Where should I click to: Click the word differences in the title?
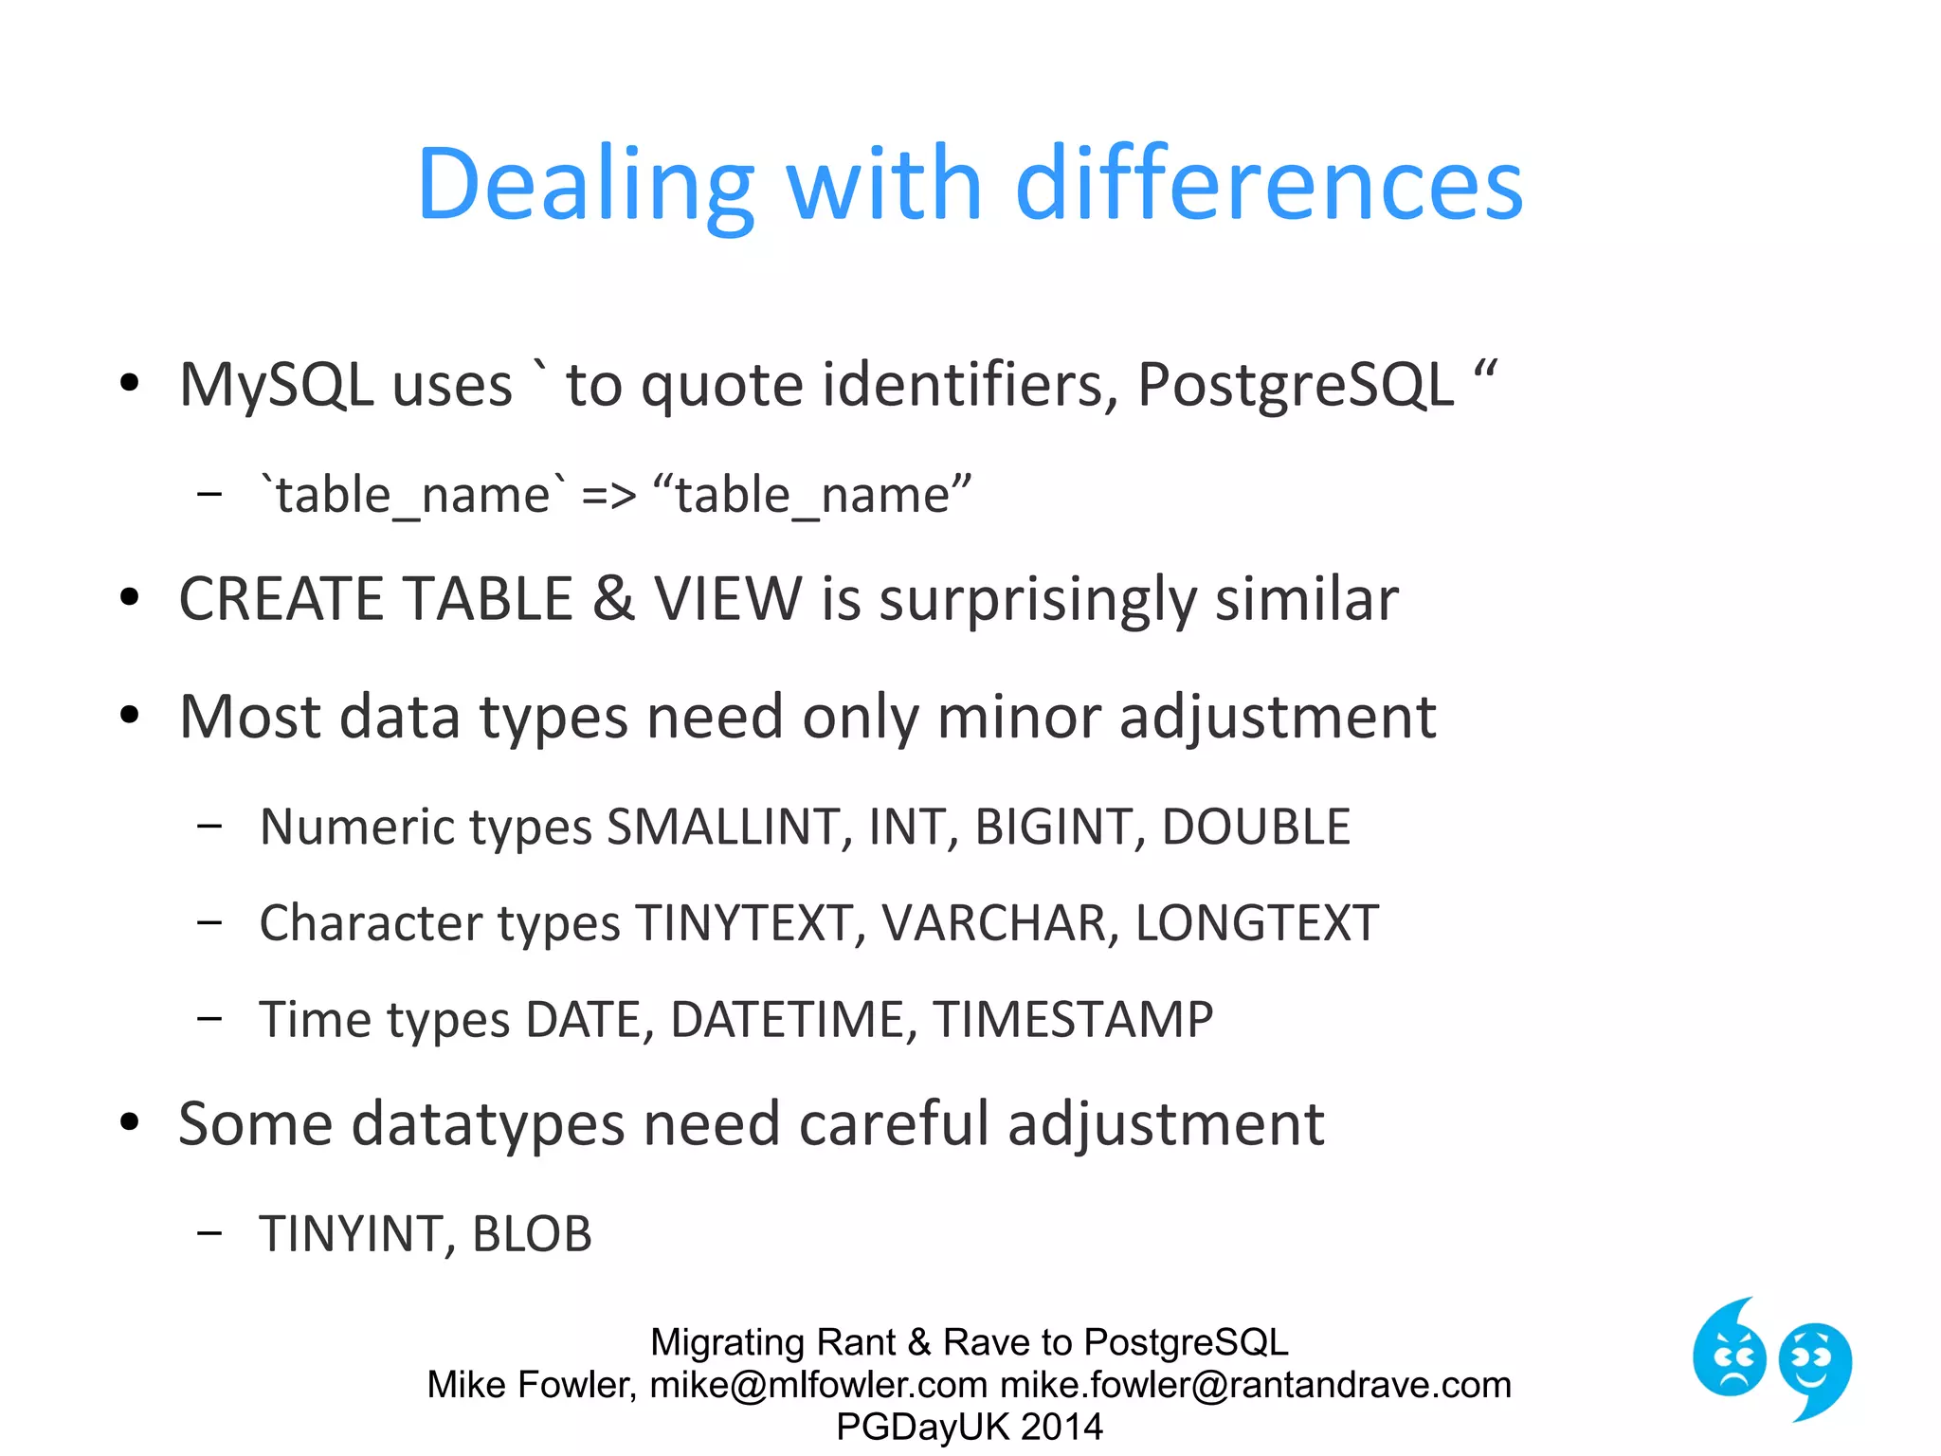point(1269,185)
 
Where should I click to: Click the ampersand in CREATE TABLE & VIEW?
point(613,599)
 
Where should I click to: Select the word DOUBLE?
point(1256,827)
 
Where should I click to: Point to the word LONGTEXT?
point(1257,923)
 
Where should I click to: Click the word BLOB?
point(532,1234)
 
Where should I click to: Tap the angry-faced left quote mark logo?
point(1729,1352)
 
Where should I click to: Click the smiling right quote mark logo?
point(1815,1368)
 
